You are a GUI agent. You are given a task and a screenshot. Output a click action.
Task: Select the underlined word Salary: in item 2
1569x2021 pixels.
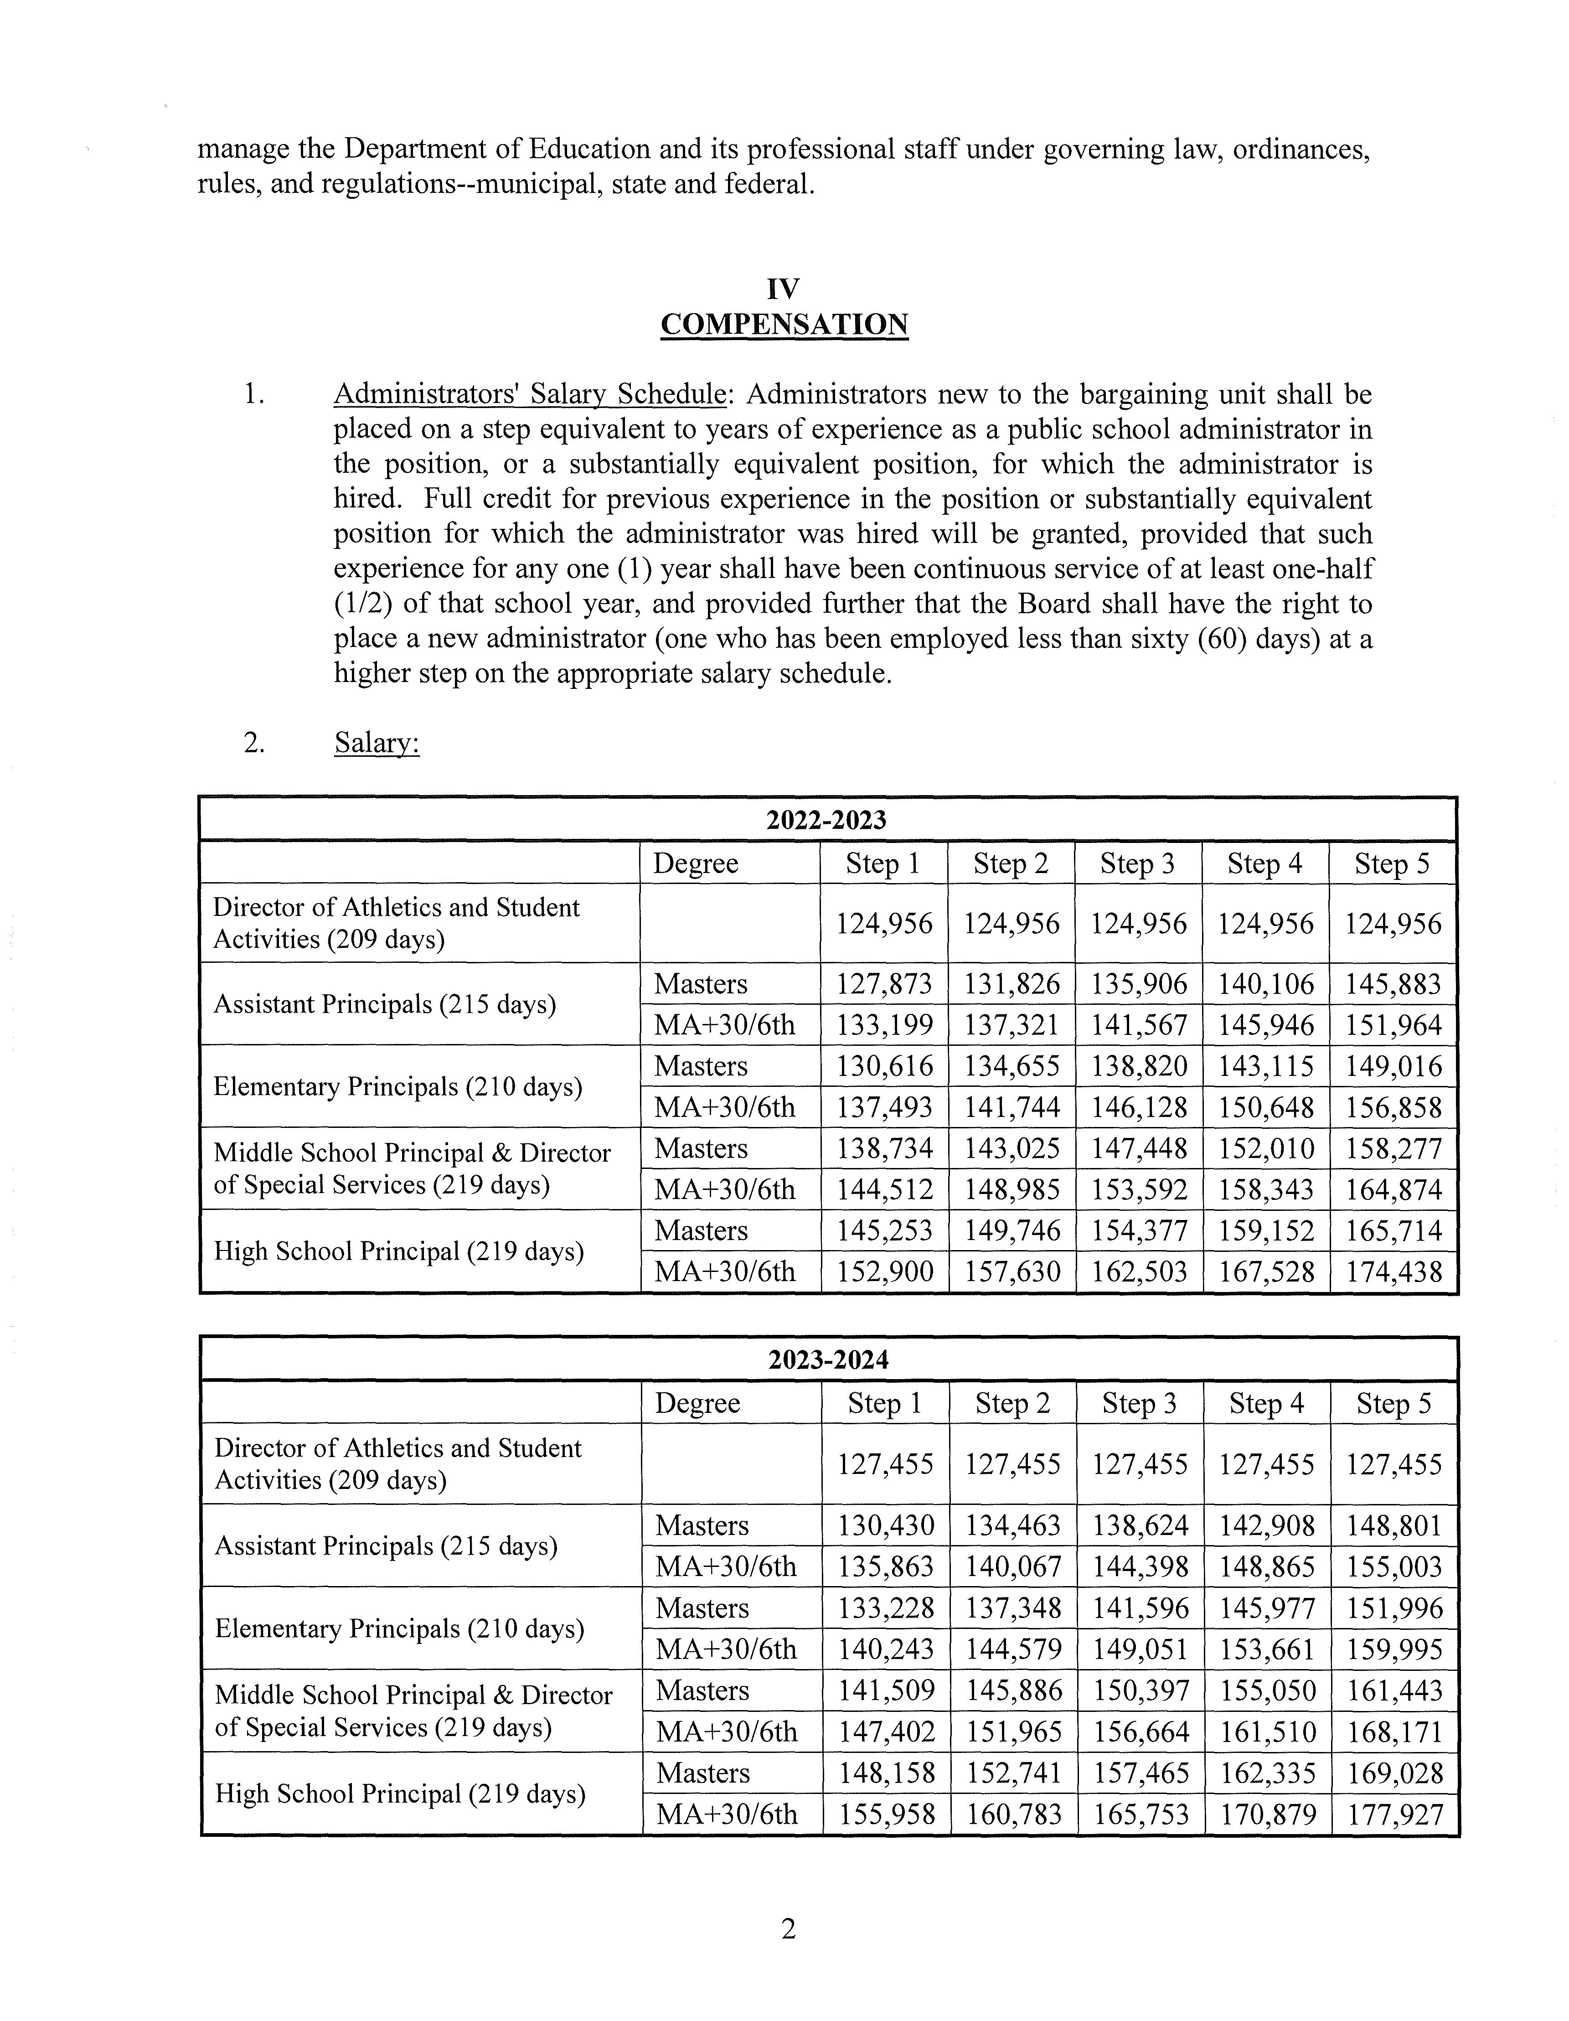(377, 743)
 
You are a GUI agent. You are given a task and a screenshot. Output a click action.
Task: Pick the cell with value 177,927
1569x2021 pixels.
(1395, 1814)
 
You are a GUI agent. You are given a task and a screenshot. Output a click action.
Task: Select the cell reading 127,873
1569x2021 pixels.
(884, 984)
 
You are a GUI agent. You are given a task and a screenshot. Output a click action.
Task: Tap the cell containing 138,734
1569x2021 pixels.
(884, 1148)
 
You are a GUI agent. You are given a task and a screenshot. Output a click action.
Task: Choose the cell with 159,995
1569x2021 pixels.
(1395, 1649)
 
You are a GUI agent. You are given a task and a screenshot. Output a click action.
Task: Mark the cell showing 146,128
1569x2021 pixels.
(1139, 1107)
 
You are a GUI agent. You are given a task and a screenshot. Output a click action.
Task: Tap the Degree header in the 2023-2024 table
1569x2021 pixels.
(697, 1403)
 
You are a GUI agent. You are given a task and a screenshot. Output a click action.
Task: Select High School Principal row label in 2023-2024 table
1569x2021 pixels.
(400, 1794)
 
